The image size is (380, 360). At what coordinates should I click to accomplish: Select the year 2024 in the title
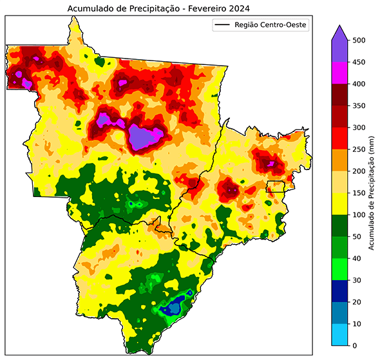(x=236, y=8)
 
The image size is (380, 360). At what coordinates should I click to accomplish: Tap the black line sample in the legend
(x=222, y=25)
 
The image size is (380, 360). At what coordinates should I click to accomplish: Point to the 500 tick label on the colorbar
(x=360, y=40)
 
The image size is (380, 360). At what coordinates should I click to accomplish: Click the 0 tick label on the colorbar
(x=356, y=346)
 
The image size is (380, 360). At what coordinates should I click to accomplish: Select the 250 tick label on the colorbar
(x=360, y=149)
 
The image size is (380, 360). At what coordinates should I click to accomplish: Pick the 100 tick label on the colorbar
(x=360, y=215)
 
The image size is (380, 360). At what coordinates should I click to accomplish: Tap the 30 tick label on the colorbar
(x=358, y=280)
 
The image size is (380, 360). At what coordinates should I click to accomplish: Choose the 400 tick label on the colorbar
(x=360, y=84)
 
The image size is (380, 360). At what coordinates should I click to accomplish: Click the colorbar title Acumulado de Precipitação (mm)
(x=372, y=193)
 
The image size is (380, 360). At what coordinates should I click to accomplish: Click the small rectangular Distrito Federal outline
(x=275, y=187)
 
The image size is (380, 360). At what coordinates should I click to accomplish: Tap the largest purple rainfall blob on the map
(x=147, y=137)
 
